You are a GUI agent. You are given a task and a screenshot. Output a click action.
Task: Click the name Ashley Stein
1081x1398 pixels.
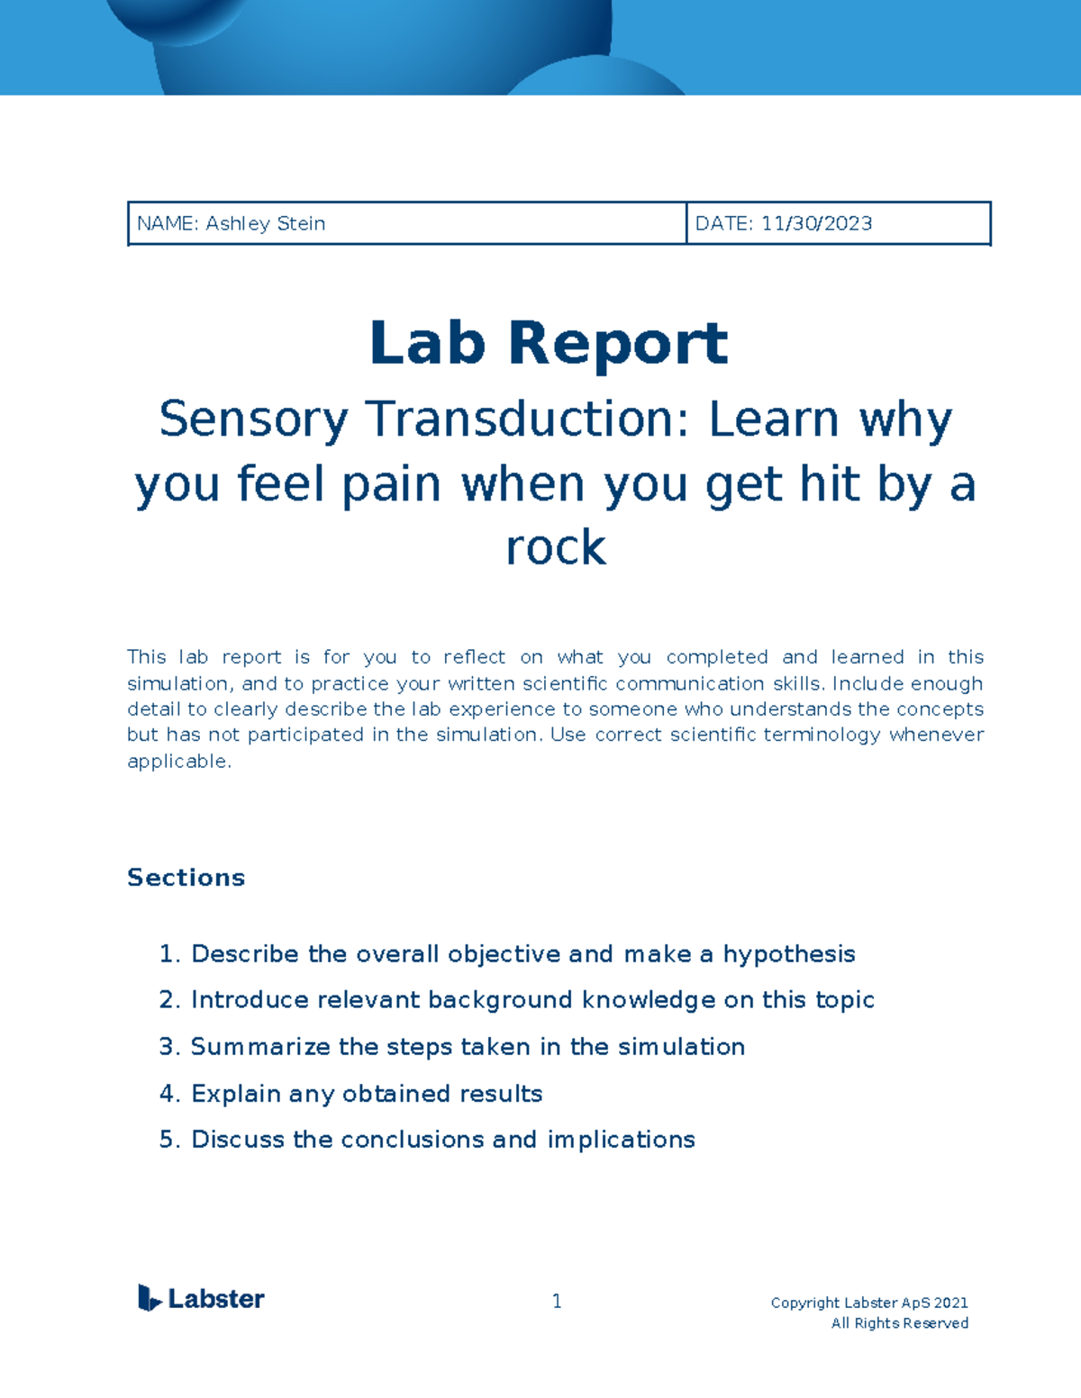point(265,223)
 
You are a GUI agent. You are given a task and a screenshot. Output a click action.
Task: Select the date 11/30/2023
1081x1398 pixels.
point(816,223)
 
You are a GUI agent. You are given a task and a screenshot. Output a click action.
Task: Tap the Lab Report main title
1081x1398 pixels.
point(549,343)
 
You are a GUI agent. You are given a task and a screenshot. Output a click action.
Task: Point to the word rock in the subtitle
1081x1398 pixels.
point(556,547)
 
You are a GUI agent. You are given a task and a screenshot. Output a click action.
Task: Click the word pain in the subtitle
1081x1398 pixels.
point(391,484)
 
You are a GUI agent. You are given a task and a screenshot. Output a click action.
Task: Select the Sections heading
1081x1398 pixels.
point(186,878)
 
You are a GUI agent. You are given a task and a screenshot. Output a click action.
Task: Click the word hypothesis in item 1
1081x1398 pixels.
point(789,954)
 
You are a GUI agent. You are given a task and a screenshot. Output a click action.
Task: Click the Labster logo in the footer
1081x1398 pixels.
point(201,1298)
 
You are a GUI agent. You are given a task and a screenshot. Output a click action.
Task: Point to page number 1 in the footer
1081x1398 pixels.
point(557,1301)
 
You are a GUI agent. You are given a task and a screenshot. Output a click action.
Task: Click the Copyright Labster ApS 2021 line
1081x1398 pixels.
point(869,1303)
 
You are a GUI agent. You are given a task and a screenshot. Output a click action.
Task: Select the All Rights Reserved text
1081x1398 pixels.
point(899,1323)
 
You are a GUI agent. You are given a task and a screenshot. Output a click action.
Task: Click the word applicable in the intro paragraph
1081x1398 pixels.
point(178,762)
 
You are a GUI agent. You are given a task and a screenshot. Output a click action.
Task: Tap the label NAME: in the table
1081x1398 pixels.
point(168,223)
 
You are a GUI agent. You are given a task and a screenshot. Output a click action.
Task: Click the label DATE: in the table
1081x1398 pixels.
point(724,223)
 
